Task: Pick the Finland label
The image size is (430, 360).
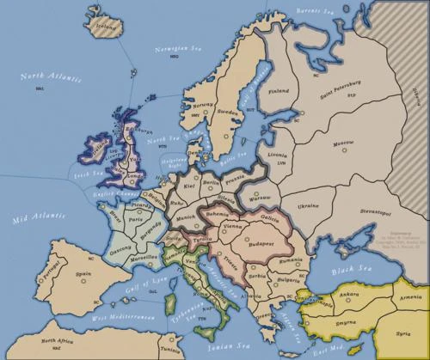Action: click(278, 90)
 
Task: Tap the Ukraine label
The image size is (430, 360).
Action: click(307, 206)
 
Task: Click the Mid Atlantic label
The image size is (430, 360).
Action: click(34, 220)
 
